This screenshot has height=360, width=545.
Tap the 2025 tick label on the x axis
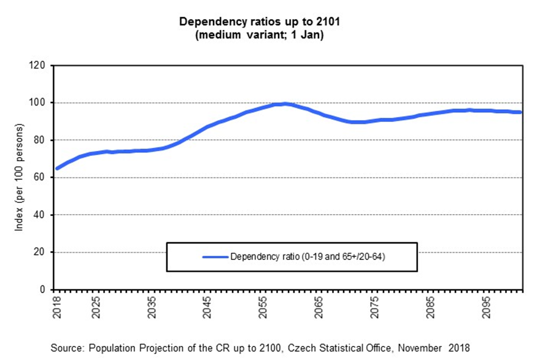[x=95, y=305]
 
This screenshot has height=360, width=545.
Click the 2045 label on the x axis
[x=206, y=305]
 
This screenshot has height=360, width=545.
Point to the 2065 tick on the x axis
[x=318, y=305]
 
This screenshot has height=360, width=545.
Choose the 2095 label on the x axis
[x=485, y=305]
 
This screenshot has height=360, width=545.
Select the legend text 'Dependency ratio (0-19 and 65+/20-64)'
[x=307, y=257]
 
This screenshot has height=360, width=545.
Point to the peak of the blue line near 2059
[x=284, y=104]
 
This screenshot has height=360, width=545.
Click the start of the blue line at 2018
[x=58, y=168]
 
